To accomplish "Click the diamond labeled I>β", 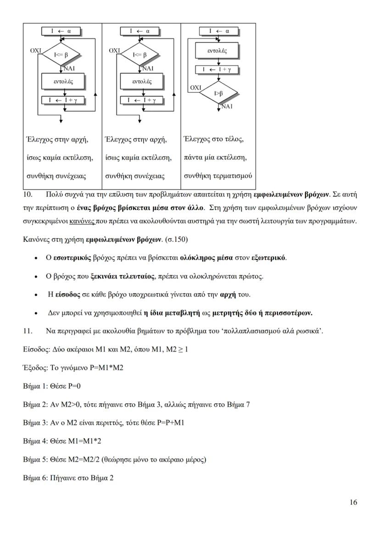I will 219,93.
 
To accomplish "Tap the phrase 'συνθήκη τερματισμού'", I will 218,176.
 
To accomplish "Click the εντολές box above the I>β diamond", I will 218,51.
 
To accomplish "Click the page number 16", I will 352,502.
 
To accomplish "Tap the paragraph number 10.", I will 28,194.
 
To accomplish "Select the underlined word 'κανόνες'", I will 83,221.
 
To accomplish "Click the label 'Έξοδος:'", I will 35,367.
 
